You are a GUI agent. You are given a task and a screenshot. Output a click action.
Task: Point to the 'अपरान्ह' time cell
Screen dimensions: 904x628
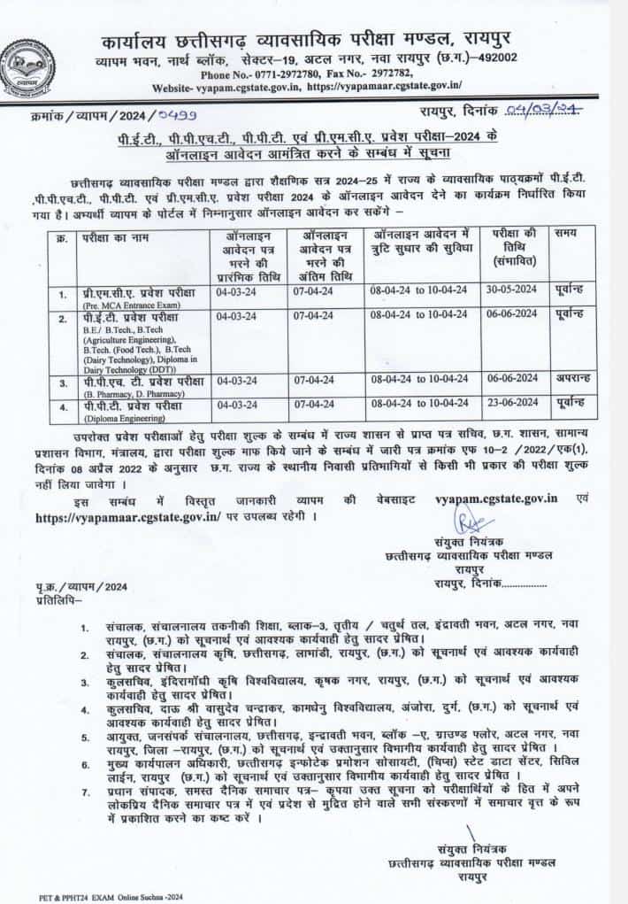pyautogui.click(x=569, y=377)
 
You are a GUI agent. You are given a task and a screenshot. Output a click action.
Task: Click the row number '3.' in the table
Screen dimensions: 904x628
pyautogui.click(x=62, y=382)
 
